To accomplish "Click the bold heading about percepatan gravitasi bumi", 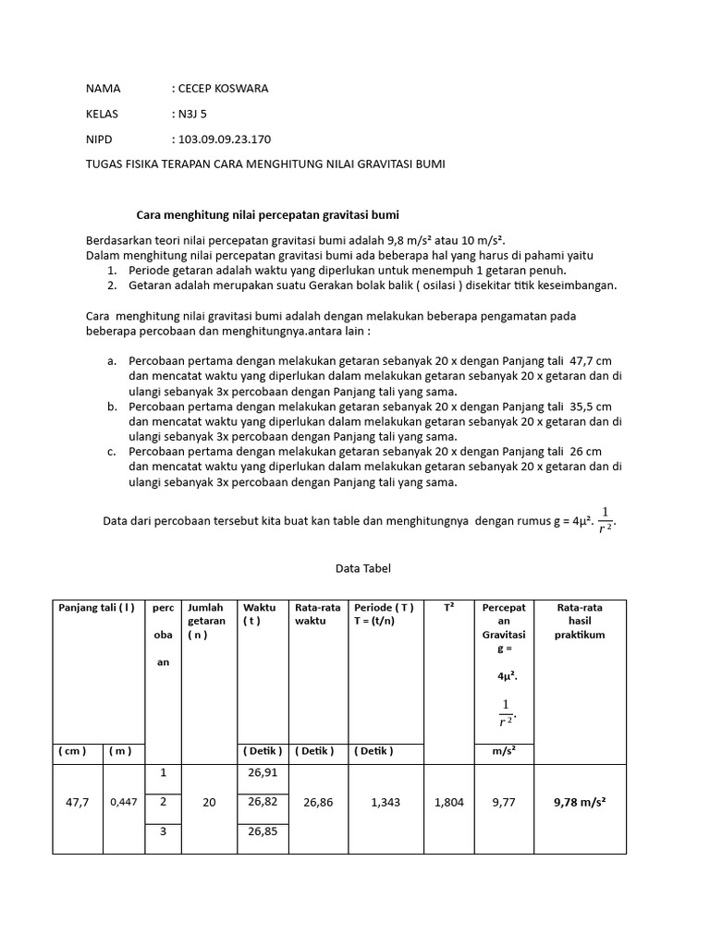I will point(267,214).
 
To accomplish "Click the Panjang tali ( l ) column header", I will point(97,608).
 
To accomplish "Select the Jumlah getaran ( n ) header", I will point(206,621).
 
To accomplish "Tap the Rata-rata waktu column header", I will point(318,614).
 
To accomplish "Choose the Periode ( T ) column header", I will point(384,614).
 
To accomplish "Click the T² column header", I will point(448,608).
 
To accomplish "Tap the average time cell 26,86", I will point(318,802).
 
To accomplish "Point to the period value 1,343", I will point(385,802).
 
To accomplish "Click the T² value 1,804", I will point(449,802).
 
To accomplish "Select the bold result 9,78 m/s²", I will point(580,802).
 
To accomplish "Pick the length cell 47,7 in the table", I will point(78,802).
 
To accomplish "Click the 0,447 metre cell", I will point(124,802).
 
